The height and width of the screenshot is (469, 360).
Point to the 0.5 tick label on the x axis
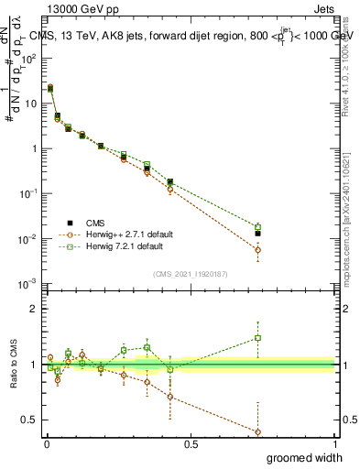point(191,443)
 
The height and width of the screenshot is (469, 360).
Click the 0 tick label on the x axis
point(47,443)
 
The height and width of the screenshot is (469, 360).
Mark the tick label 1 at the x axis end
point(334,443)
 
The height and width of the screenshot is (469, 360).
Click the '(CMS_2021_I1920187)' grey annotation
point(190,273)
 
